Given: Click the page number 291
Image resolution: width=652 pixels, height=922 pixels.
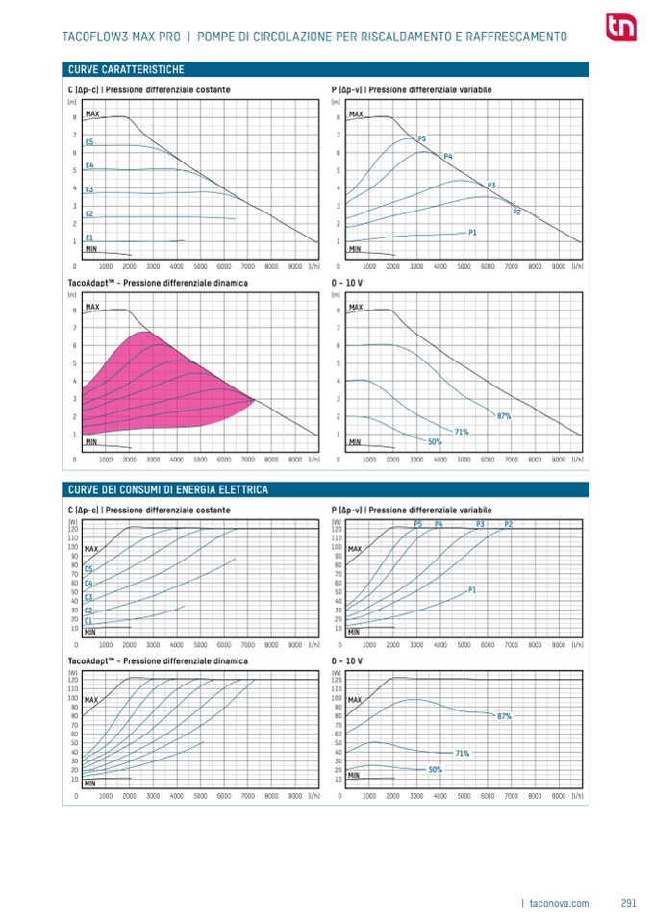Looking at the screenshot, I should [x=629, y=902].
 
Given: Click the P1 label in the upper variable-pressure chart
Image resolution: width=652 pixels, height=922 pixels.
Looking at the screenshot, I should [x=472, y=233].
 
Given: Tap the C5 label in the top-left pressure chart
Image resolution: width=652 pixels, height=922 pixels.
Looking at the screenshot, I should [x=89, y=142].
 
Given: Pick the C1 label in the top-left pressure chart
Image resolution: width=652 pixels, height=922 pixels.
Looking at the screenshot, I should [x=89, y=237].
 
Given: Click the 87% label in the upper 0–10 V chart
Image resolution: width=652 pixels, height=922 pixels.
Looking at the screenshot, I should [x=504, y=415].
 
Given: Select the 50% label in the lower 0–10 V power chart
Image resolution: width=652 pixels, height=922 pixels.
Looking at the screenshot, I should [x=435, y=769].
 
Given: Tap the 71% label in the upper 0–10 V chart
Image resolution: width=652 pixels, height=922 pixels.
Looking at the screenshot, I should [x=462, y=432].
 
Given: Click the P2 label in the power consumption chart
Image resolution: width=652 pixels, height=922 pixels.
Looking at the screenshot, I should [x=509, y=523].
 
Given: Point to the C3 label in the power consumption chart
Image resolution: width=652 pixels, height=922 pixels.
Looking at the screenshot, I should [x=89, y=597].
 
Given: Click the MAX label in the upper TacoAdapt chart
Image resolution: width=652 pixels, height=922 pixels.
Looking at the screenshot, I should [x=92, y=307].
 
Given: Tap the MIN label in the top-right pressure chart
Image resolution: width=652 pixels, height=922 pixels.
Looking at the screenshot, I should [x=355, y=249].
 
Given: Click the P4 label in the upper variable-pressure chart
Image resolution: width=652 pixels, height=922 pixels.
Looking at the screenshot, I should [x=448, y=156].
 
